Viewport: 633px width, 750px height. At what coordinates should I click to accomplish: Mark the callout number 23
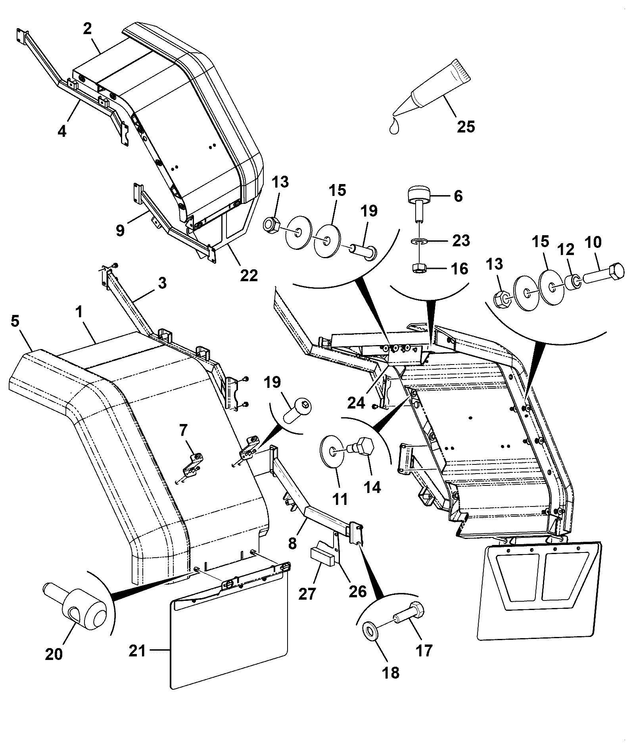461,240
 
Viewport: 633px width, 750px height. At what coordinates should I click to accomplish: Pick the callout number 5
15,321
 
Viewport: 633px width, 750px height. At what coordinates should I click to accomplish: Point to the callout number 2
87,29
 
